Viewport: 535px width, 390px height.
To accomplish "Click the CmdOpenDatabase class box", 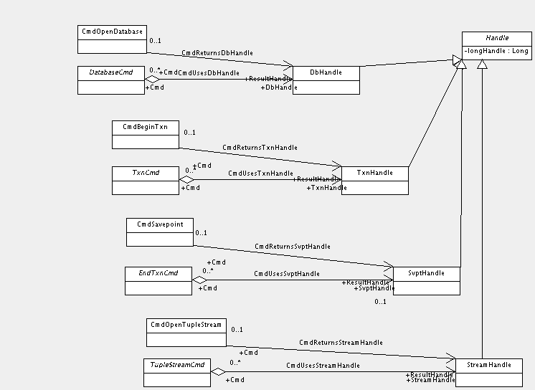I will pos(111,39).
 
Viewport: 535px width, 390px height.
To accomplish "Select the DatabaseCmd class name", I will pos(110,72).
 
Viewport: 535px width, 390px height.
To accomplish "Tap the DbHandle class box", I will pos(326,80).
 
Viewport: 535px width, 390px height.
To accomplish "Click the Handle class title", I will pos(497,37).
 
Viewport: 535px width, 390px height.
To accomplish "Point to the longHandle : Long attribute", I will pos(496,51).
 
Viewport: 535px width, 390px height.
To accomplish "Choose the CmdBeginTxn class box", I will pos(145,134).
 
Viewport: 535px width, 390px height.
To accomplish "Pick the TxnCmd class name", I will pos(145,173).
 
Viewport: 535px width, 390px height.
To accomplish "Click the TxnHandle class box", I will pos(375,180).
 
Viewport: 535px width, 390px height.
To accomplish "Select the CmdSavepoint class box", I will pos(159,231).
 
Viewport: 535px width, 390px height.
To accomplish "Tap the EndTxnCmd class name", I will pos(158,272).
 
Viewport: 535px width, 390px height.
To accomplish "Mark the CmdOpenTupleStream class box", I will pos(186,332).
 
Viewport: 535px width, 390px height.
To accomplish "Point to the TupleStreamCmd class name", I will pos(176,366).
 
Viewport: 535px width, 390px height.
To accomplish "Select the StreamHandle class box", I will pos(489,371).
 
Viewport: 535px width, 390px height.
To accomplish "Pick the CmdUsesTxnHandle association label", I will pos(260,173).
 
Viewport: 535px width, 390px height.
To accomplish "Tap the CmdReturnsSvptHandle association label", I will pos(292,247).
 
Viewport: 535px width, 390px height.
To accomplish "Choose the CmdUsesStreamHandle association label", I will pos(323,366).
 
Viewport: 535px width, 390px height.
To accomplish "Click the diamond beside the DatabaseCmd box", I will pos(151,79).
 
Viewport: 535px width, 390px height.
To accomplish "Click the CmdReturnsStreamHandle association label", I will pos(340,343).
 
